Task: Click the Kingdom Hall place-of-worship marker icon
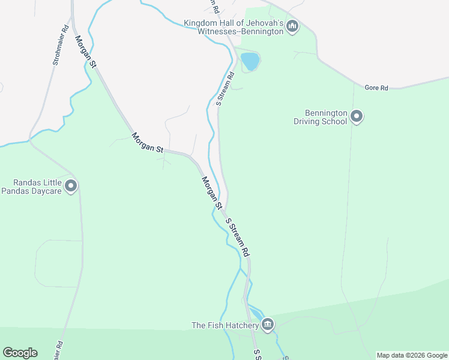[292, 26]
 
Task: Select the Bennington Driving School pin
[357, 116]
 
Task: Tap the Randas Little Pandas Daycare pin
[71, 186]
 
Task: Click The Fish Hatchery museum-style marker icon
[268, 325]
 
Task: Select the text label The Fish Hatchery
[224, 326]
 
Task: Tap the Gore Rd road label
[376, 88]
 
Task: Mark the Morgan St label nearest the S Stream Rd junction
[211, 193]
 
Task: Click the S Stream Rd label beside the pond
[224, 89]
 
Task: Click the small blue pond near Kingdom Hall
[250, 61]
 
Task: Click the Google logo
[20, 353]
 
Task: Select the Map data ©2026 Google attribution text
[412, 356]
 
